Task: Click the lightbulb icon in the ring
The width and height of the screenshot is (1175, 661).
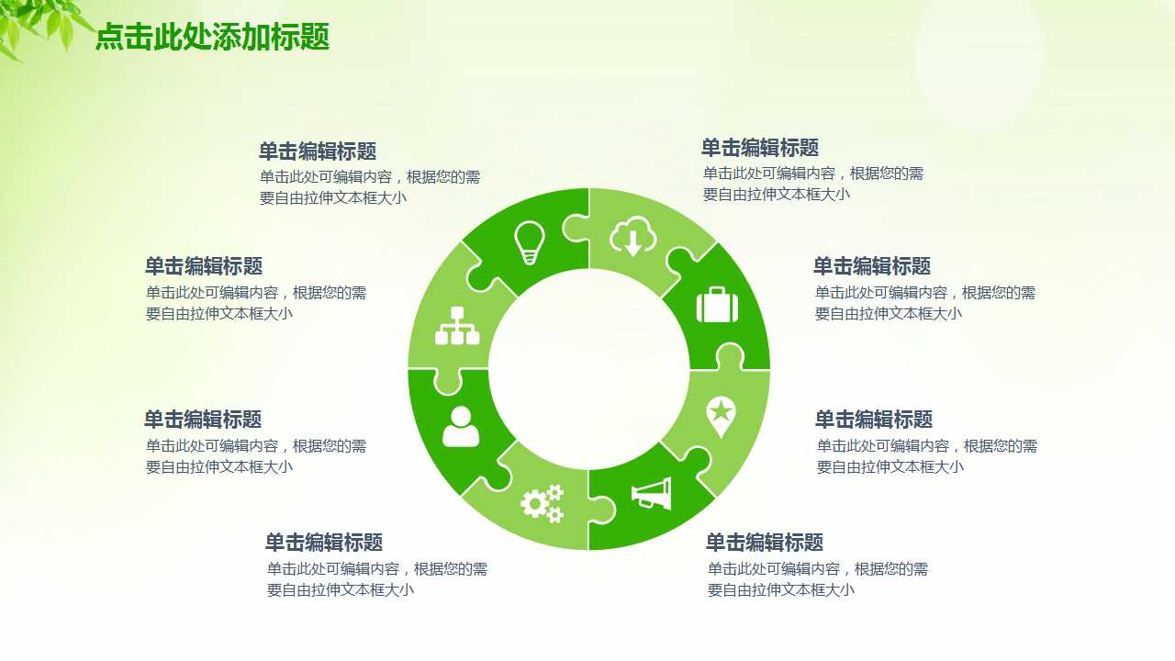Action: coord(530,242)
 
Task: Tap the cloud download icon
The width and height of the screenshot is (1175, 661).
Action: coord(633,237)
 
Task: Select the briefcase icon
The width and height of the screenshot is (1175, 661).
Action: coord(717,305)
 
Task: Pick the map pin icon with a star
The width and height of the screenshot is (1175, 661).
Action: coord(721,416)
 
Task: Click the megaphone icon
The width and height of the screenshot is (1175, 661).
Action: coord(652,494)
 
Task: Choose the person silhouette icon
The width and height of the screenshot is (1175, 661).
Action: coord(461,427)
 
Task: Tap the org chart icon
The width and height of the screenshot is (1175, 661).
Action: coord(457,325)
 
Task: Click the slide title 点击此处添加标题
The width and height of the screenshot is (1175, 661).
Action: coord(212,38)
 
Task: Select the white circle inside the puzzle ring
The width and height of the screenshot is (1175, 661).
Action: coord(588,369)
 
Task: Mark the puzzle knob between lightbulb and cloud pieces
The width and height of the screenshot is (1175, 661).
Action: coord(576,227)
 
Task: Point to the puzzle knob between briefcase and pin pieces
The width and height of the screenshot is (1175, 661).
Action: coord(730,356)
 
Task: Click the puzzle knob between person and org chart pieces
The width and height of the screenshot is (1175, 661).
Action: coord(447,381)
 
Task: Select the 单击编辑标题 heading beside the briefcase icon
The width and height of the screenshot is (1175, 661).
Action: coord(871,266)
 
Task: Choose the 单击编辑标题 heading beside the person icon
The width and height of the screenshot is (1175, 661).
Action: coord(203,420)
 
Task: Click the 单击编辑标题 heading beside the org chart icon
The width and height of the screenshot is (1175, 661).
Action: coord(204,266)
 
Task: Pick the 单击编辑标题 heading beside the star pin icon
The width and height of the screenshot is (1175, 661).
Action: coord(873,420)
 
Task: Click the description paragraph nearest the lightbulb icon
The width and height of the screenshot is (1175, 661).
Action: coord(369,187)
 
